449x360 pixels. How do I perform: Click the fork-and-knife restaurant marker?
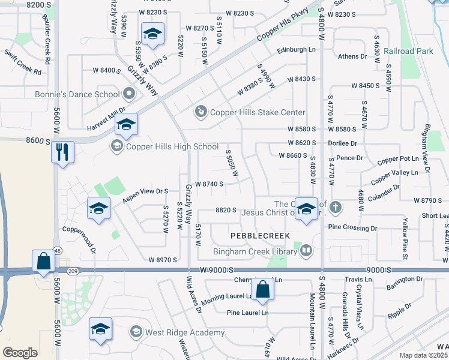coord(62,152)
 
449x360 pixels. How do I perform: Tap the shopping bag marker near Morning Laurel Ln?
coord(263,290)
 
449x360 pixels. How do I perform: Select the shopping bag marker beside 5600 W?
coord(44,261)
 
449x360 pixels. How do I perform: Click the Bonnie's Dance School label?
coord(86,94)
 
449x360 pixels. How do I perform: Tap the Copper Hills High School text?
coord(172,146)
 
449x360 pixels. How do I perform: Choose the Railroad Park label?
coord(408,52)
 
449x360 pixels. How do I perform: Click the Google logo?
coord(19,353)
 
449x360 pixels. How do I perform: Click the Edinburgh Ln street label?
coord(296,50)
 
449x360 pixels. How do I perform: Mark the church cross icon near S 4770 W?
coord(335,208)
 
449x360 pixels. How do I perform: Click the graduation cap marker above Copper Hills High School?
coord(126,124)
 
